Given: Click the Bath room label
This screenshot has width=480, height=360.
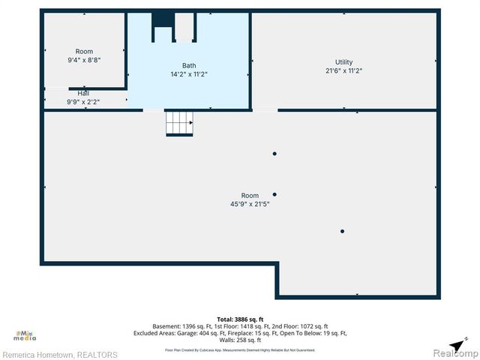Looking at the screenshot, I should tap(189, 65).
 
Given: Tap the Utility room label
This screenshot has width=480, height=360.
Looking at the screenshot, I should tap(343, 62).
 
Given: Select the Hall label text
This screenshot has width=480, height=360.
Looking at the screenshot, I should tap(83, 93).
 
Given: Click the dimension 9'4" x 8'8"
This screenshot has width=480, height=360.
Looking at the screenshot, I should tap(84, 60).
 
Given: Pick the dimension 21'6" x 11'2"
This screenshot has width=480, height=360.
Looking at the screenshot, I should tap(343, 71).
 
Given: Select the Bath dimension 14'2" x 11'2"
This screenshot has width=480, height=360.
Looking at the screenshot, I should tap(189, 74).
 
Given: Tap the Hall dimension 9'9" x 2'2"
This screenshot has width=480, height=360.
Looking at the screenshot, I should tap(83, 101).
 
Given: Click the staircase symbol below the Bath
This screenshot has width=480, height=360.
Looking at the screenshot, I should tap(179, 122).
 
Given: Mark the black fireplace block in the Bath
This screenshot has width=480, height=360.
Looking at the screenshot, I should tap(163, 19).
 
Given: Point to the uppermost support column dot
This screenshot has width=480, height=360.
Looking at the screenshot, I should tap(274, 154).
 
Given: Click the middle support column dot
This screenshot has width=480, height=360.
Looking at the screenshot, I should tap(274, 194).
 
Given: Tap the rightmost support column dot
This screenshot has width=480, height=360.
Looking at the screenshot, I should tap(342, 231).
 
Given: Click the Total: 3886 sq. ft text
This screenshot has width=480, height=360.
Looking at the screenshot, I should tap(240, 319).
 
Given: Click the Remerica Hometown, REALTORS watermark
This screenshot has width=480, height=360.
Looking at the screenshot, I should tap(59, 355).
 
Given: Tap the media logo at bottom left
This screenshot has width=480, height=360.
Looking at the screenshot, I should tap(25, 337).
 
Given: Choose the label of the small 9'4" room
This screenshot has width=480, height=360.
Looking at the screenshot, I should tap(84, 52).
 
